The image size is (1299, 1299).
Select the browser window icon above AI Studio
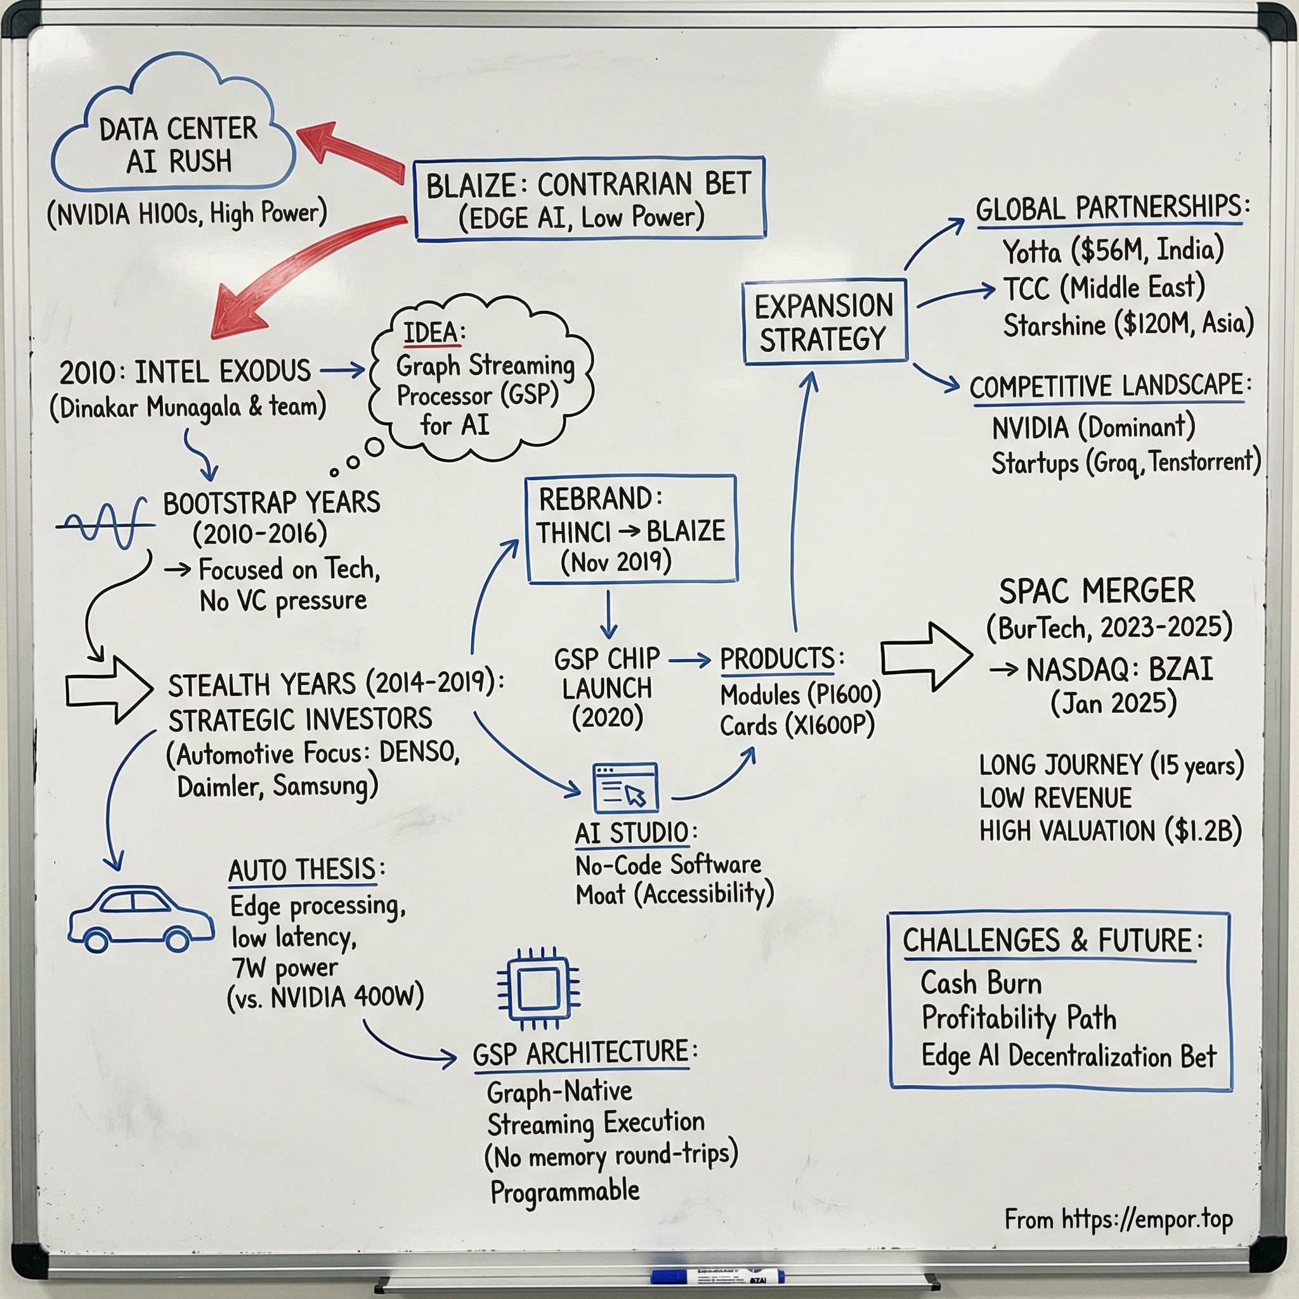click(625, 787)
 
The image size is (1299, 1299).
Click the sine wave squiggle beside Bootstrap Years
click(104, 524)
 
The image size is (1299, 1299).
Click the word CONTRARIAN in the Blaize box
click(615, 185)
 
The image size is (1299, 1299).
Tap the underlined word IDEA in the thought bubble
click(431, 333)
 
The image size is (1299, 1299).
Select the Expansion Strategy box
click(825, 322)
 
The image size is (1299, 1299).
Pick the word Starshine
click(1054, 325)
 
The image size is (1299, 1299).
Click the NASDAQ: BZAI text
click(1119, 669)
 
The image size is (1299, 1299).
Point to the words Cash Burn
click(981, 983)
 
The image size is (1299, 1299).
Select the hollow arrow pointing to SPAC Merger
click(926, 656)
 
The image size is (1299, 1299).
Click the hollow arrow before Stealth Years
click(109, 690)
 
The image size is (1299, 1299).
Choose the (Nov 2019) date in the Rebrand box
click(616, 561)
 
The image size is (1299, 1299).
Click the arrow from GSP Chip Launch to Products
click(690, 661)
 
